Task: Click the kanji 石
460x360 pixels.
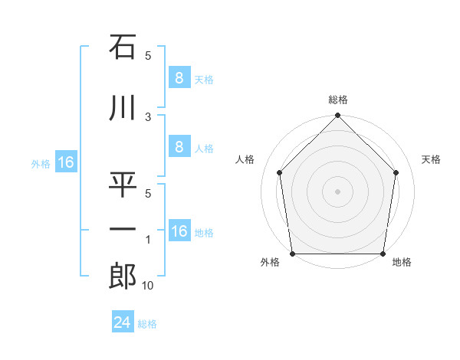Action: pyautogui.click(x=122, y=48)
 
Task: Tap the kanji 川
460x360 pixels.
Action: pyautogui.click(x=122, y=109)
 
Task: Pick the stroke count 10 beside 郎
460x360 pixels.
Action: pyautogui.click(x=147, y=286)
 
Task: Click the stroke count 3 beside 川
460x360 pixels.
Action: pyautogui.click(x=148, y=117)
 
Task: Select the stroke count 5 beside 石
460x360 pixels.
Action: pyautogui.click(x=148, y=56)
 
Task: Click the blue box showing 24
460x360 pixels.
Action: pyautogui.click(x=122, y=322)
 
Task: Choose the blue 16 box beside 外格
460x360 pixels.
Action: pyautogui.click(x=65, y=162)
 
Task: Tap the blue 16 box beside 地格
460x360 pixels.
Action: pyautogui.click(x=179, y=231)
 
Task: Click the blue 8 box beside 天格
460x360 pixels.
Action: pyautogui.click(x=179, y=78)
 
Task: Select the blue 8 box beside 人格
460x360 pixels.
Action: pyautogui.click(x=179, y=148)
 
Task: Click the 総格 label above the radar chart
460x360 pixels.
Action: pyautogui.click(x=337, y=100)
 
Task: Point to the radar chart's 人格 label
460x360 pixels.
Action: pyautogui.click(x=245, y=159)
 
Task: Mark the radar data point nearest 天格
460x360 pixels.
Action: pyautogui.click(x=396, y=172)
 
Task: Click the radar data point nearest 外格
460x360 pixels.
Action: pyautogui.click(x=292, y=254)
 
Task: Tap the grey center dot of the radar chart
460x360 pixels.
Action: pyautogui.click(x=337, y=191)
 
